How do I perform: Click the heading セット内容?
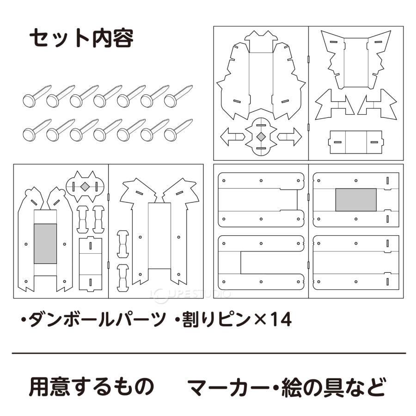pos(81,39)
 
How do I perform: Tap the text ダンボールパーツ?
pos(97,319)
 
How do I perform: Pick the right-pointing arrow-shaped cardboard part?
pos(290,137)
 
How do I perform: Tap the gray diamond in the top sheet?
pos(261,136)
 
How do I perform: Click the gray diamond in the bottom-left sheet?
pos(85,186)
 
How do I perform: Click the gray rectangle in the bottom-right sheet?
pos(355,200)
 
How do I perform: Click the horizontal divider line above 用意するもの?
pos(208,353)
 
